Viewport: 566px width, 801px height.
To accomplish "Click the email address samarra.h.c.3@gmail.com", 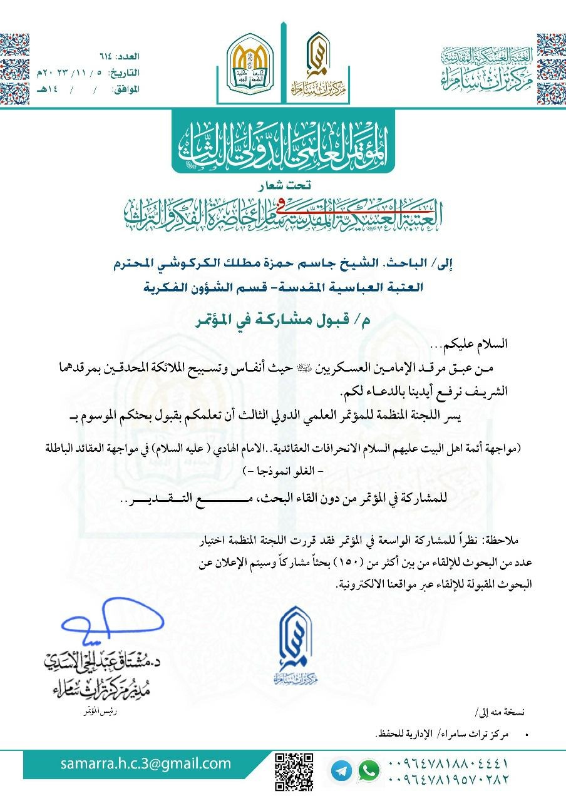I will coord(146,763).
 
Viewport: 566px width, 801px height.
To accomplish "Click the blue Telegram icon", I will coord(341,770).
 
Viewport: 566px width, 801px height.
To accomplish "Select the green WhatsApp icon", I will coord(369,770).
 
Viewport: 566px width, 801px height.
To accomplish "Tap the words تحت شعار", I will coord(282,185).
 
